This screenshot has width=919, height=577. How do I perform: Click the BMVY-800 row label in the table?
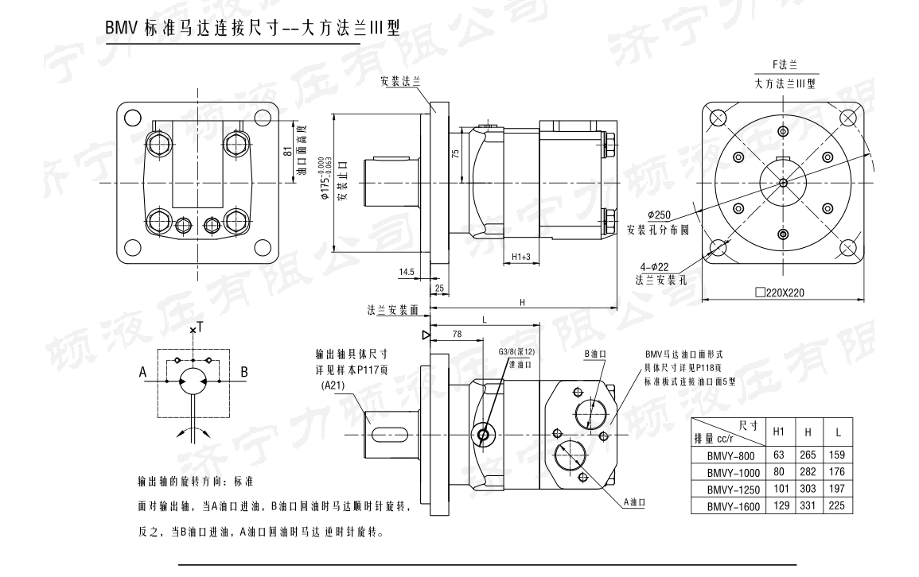coord(728,456)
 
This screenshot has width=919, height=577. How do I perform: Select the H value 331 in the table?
coord(808,506)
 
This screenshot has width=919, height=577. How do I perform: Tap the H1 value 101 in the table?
coord(779,490)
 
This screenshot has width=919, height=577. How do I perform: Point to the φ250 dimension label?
coord(660,215)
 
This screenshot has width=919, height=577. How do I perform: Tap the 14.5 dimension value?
coord(407,272)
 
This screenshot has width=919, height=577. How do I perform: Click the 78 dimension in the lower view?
coord(456,335)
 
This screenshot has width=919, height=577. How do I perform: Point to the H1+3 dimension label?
coord(521,257)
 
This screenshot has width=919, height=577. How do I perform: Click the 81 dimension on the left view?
coord(287,150)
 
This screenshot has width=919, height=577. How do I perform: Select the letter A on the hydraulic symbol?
coord(142,371)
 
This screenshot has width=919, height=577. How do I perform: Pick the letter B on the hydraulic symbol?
coord(244,371)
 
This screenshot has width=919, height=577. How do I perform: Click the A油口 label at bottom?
coord(634,502)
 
